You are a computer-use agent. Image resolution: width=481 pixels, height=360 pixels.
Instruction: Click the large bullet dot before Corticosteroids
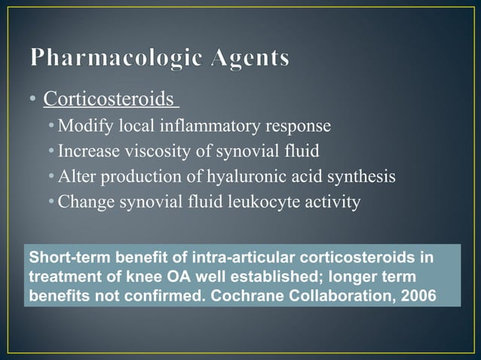pos(33,100)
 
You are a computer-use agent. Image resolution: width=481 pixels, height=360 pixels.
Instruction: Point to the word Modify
pos(81,124)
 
